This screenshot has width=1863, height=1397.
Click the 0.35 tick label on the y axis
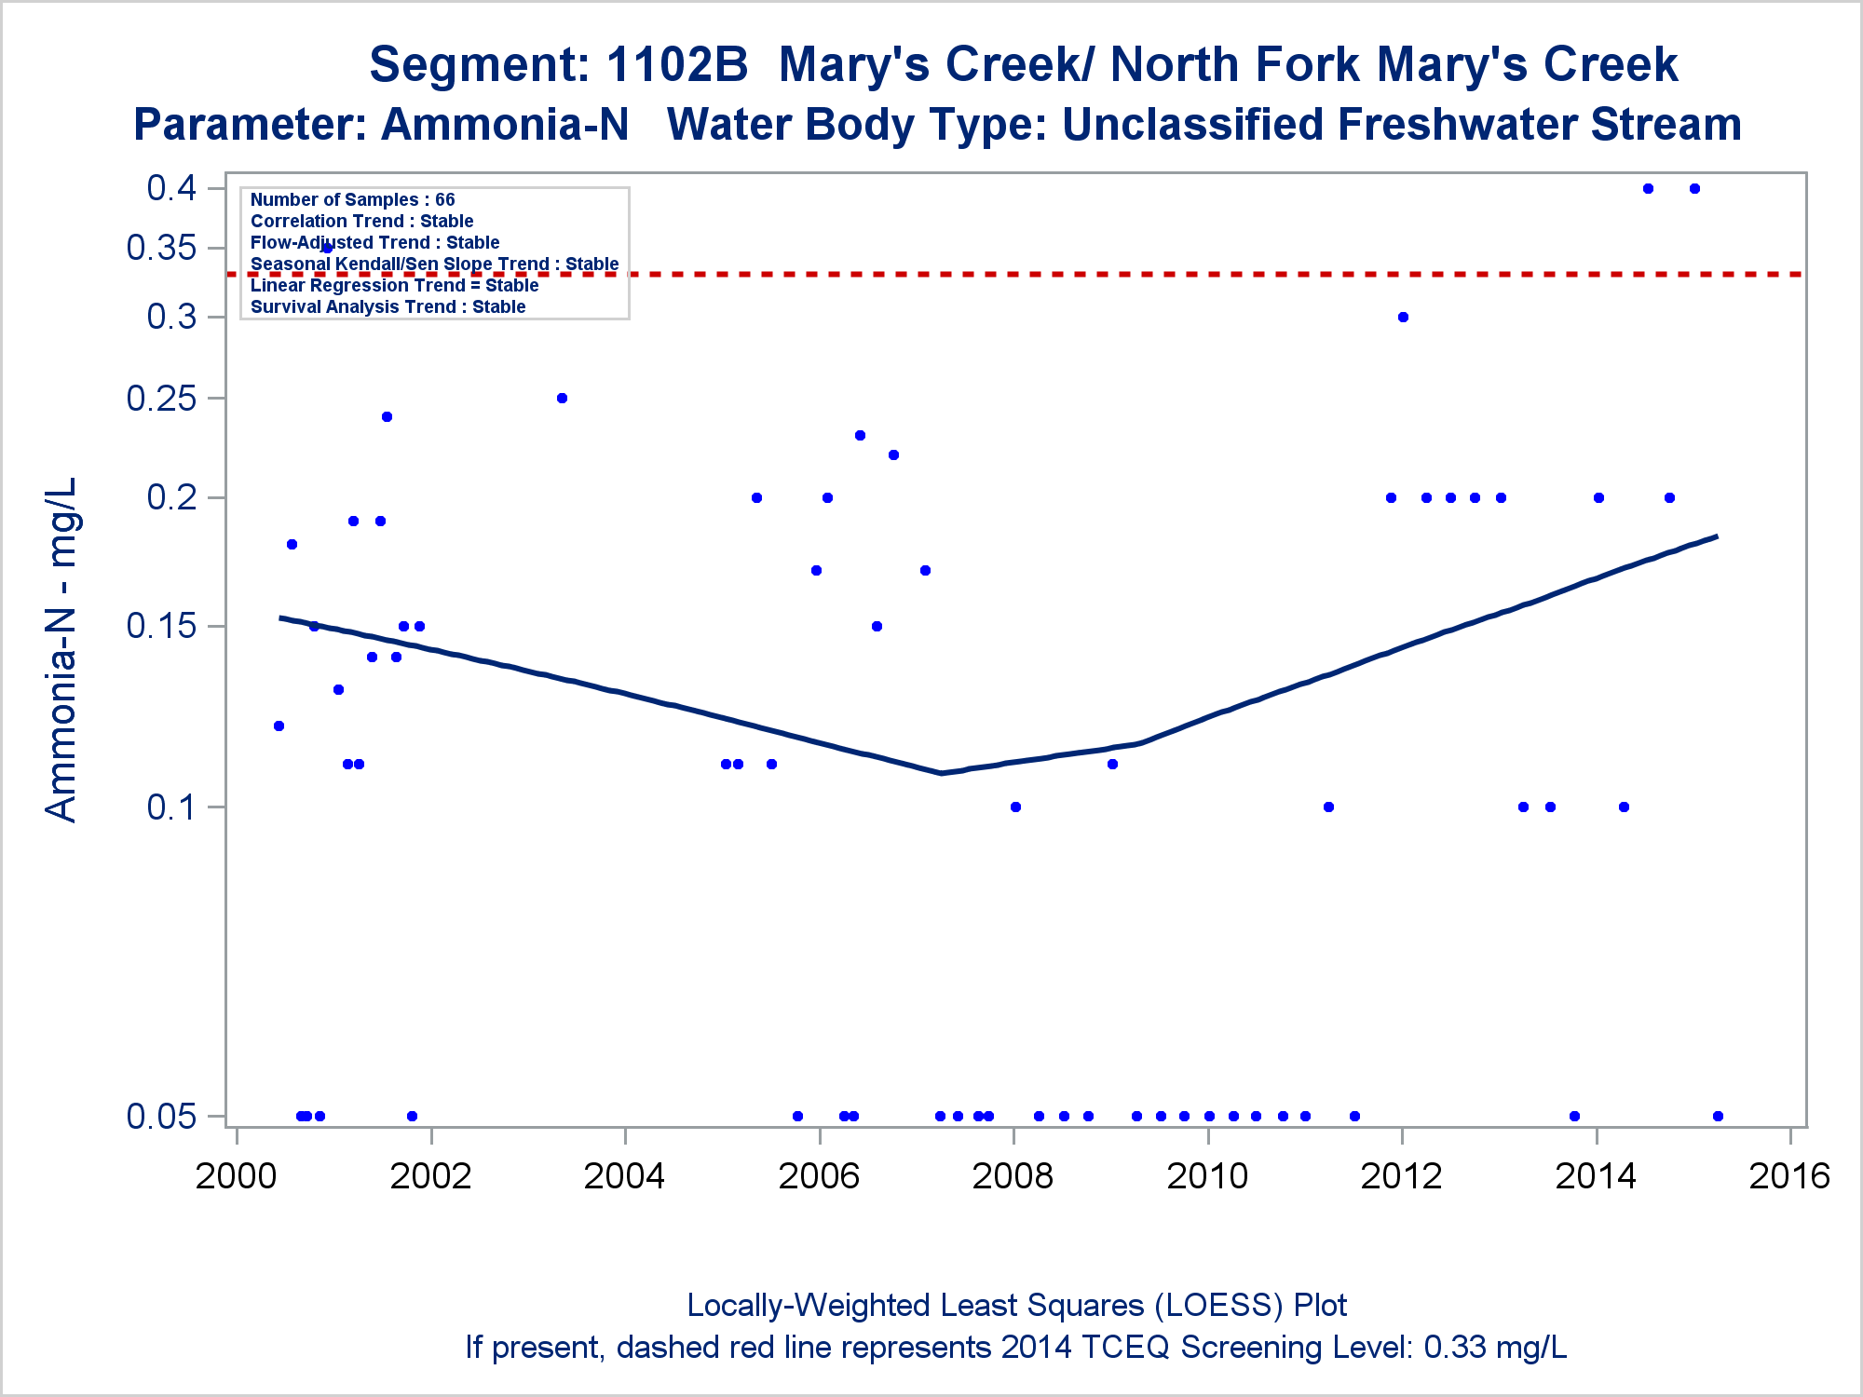point(161,248)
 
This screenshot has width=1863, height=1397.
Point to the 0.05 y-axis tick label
point(161,1116)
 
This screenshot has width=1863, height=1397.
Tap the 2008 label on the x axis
point(1013,1176)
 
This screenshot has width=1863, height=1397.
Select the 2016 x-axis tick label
point(1789,1176)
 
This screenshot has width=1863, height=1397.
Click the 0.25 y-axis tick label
point(161,399)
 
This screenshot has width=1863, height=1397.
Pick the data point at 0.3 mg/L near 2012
point(1403,317)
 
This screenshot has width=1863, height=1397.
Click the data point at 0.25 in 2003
point(562,398)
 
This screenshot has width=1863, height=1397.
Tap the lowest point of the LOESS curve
point(942,772)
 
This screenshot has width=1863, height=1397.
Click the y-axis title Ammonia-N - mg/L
point(61,649)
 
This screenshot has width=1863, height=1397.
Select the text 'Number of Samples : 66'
point(352,199)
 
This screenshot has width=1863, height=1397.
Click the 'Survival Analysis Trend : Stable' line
point(388,306)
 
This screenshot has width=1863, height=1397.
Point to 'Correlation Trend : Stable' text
point(361,221)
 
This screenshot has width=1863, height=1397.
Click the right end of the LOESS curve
point(1716,536)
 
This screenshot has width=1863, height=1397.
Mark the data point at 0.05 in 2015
point(1718,1116)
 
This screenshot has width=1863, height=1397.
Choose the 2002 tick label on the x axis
point(430,1176)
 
